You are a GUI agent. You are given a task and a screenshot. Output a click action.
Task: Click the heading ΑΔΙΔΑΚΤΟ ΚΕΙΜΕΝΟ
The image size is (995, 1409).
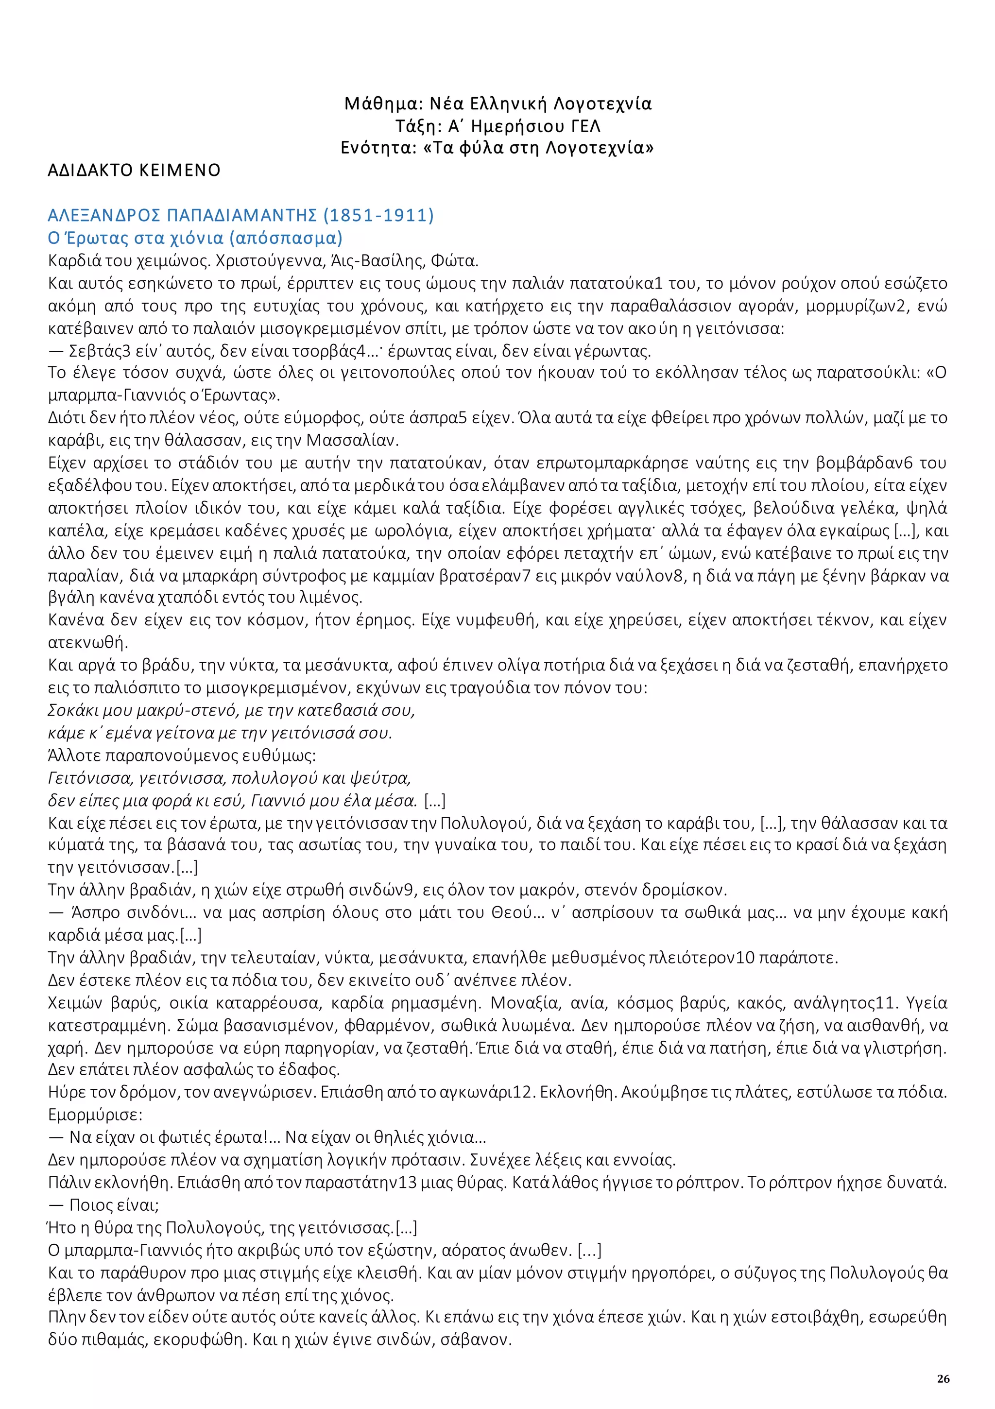pyautogui.click(x=134, y=170)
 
